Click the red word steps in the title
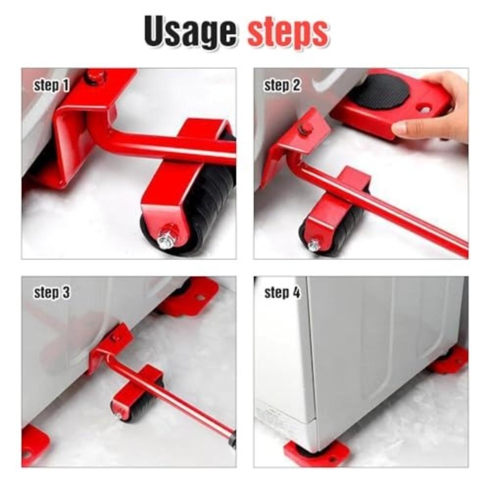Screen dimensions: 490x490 point(287,32)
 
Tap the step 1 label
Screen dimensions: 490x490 point(51,86)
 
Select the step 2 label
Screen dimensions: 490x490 point(282,86)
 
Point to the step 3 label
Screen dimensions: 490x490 point(51,293)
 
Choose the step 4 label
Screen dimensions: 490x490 point(282,293)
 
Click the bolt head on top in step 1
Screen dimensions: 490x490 point(95,76)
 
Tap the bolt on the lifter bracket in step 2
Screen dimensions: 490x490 point(306,128)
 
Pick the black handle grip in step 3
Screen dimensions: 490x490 point(232,440)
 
